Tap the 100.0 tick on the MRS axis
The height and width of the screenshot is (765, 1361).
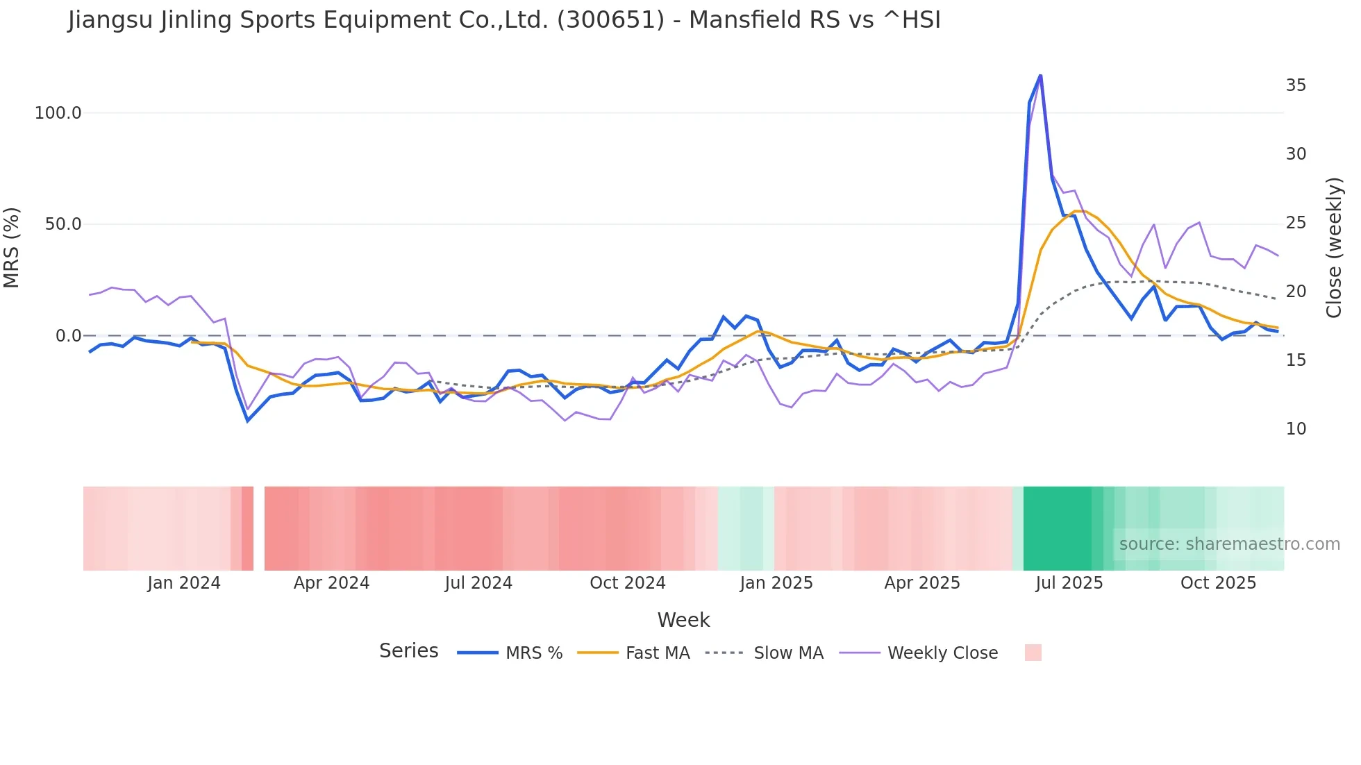click(58, 113)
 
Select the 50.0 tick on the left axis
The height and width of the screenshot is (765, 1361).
click(63, 224)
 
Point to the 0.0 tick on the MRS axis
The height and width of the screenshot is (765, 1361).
click(68, 336)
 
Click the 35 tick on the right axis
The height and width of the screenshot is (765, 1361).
click(1296, 85)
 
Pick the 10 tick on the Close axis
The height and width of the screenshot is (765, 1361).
click(1296, 429)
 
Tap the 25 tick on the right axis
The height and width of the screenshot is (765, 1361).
click(1296, 223)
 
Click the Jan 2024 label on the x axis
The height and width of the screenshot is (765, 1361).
click(184, 583)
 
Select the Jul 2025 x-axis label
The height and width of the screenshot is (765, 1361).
click(1069, 583)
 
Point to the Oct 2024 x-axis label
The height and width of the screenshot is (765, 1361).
click(628, 583)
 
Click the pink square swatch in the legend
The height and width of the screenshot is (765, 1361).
click(1033, 653)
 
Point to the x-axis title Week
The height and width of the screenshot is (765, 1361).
click(683, 620)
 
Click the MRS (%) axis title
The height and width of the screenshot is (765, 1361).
click(12, 247)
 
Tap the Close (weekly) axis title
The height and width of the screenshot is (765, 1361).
click(1334, 248)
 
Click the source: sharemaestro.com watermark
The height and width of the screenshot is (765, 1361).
click(1229, 544)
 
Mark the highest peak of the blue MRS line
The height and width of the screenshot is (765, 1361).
click(1040, 75)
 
